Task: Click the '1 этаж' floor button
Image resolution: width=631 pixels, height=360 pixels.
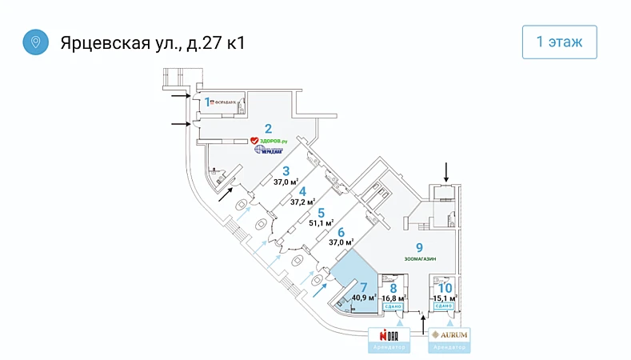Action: click(x=559, y=42)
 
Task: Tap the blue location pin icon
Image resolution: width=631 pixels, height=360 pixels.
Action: click(x=35, y=42)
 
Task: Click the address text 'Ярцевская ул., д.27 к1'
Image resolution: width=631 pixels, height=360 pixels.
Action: click(x=153, y=42)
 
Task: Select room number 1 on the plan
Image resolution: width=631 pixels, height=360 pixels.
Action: click(x=207, y=102)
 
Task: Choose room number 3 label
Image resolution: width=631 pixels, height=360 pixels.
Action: click(x=286, y=170)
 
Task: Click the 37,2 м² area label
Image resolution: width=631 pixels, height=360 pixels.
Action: click(x=302, y=202)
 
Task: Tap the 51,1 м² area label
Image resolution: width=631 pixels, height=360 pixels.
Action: click(x=321, y=223)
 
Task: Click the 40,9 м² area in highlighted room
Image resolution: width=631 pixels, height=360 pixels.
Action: click(x=364, y=298)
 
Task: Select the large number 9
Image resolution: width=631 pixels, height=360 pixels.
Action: click(x=419, y=247)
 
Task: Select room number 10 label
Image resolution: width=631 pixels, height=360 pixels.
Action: click(x=445, y=287)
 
